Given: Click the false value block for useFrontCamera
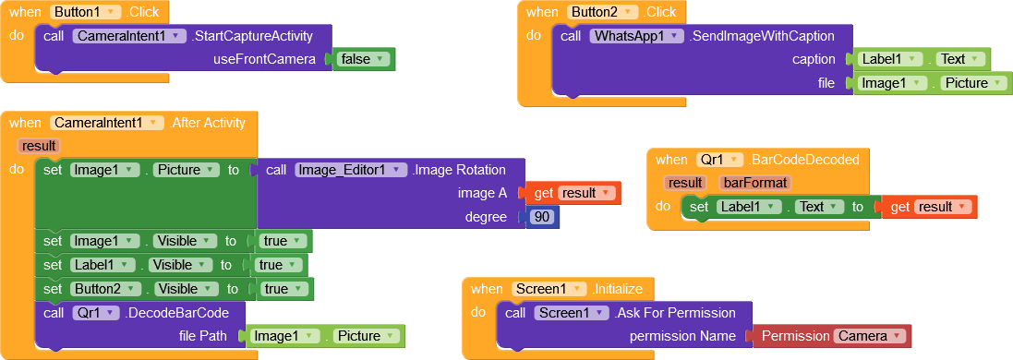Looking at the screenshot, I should pyautogui.click(x=363, y=59).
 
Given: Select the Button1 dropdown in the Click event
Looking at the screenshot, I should pyautogui.click(x=86, y=12).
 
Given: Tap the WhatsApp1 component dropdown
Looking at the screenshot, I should pyautogui.click(x=636, y=36).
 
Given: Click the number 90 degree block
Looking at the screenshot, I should pyautogui.click(x=542, y=217).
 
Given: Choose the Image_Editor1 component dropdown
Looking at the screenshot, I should pyautogui.click(x=351, y=170).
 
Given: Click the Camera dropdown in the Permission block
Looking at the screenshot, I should pyautogui.click(x=868, y=336).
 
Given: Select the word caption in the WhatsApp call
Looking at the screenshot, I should pyautogui.click(x=814, y=59).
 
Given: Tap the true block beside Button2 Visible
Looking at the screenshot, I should pyautogui.click(x=283, y=289).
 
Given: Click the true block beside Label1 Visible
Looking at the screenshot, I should pyautogui.click(x=278, y=265).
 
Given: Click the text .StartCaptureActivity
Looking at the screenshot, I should pyautogui.click(x=251, y=36).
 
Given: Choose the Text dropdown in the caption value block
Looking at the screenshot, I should pyautogui.click(x=958, y=59).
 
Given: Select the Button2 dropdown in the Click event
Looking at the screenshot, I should pyautogui.click(x=603, y=12).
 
